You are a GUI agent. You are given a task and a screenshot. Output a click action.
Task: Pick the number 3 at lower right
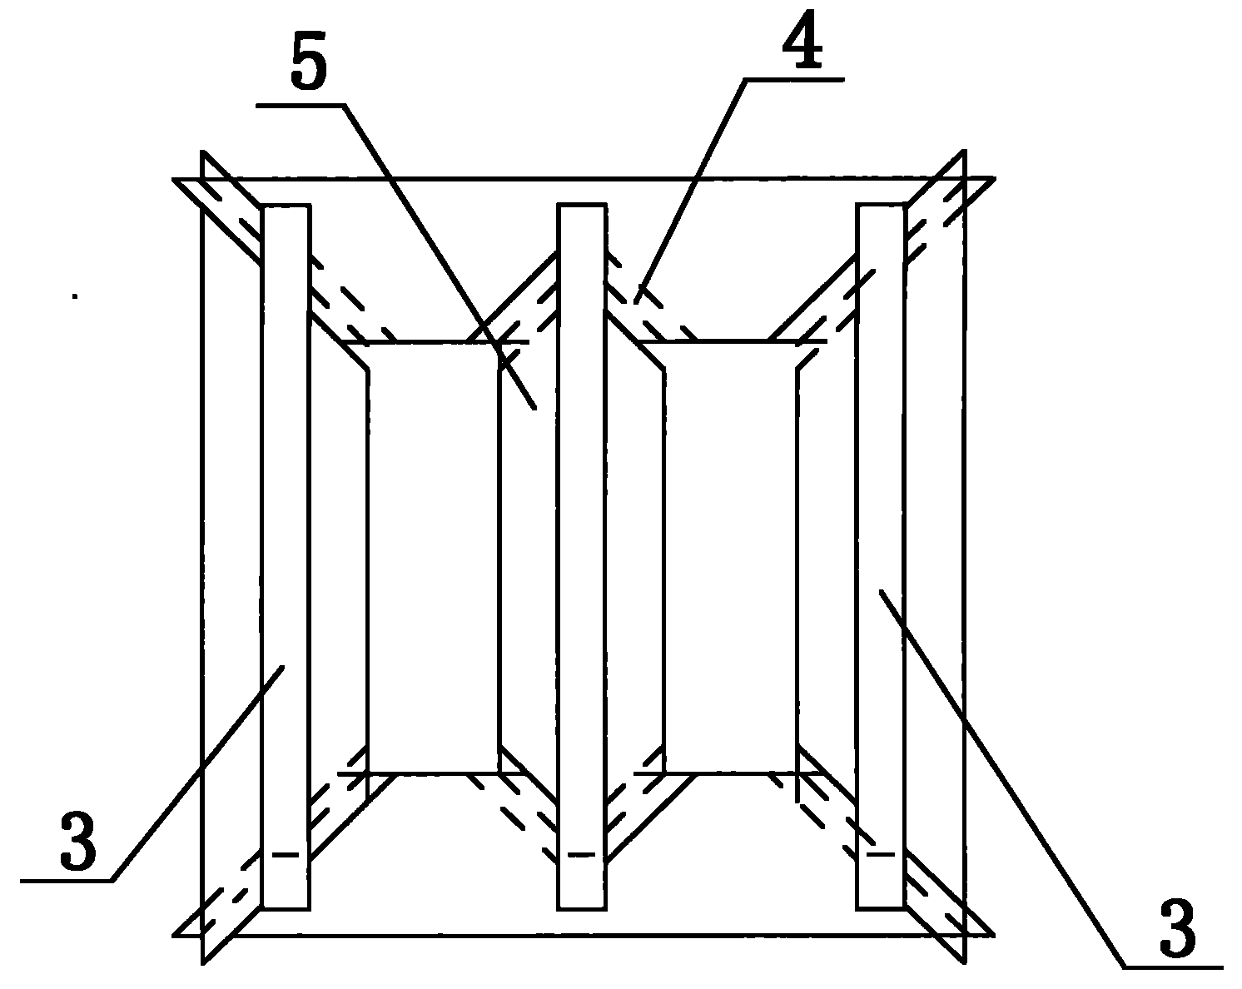coord(1177,927)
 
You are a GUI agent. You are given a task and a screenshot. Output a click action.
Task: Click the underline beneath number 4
coord(794,80)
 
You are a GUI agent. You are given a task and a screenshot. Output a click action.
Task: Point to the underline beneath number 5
coord(301,105)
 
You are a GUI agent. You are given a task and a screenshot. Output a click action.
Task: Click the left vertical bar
coord(286,556)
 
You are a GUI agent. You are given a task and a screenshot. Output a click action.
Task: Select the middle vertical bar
coord(582,556)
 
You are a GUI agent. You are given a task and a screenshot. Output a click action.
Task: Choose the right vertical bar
coord(881,556)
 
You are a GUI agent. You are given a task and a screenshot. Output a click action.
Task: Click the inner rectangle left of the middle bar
coord(433,557)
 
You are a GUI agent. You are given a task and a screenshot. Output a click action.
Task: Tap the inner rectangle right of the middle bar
coord(731,557)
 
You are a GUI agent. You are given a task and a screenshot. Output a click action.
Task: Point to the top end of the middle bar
coord(582,205)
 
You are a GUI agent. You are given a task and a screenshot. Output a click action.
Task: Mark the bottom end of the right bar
coord(881,908)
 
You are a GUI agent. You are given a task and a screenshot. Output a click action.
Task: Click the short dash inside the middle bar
coord(582,854)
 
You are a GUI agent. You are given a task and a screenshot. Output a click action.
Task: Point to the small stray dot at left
coord(74,296)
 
